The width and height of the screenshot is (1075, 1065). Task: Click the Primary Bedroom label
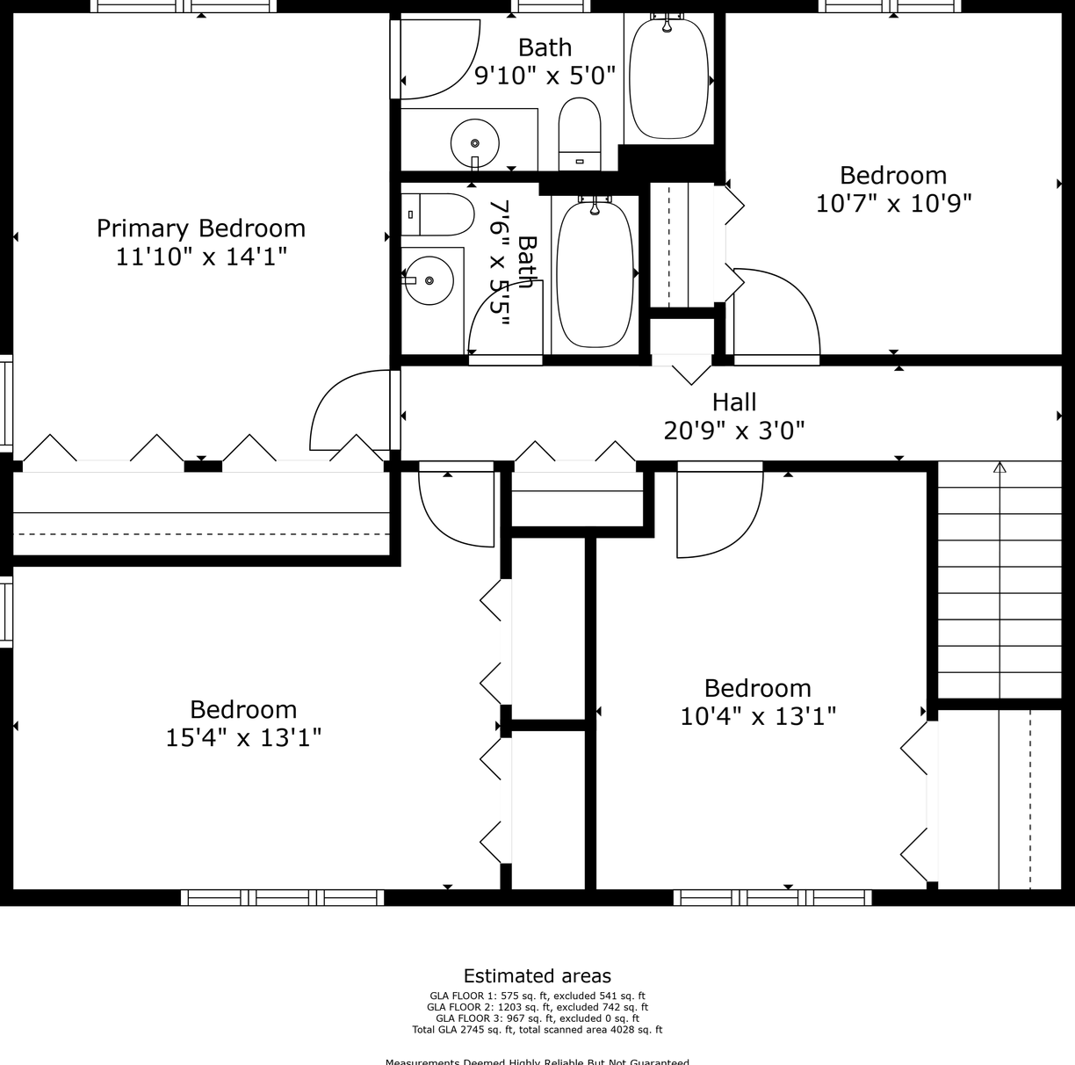coord(201,228)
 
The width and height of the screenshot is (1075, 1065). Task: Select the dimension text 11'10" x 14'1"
coord(201,257)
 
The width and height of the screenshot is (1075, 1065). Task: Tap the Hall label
coord(734,402)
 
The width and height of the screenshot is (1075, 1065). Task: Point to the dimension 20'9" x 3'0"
coord(734,431)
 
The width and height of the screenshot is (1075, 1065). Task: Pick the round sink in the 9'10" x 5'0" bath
coord(475,142)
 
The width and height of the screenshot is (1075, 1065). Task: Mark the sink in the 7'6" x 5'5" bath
coord(429,280)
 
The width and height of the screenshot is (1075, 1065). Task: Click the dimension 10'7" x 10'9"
coord(893,204)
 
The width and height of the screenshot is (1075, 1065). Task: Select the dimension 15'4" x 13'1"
coord(243,737)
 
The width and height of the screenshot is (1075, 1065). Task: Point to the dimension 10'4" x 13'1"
coord(758,716)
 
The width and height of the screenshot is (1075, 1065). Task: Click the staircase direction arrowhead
coord(999,467)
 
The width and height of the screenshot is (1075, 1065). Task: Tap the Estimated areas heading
coord(537,975)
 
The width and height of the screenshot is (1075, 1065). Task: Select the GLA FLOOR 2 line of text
coord(537,1007)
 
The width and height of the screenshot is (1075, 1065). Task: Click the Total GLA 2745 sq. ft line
coord(537,1030)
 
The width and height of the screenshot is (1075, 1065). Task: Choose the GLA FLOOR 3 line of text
coord(537,1018)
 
